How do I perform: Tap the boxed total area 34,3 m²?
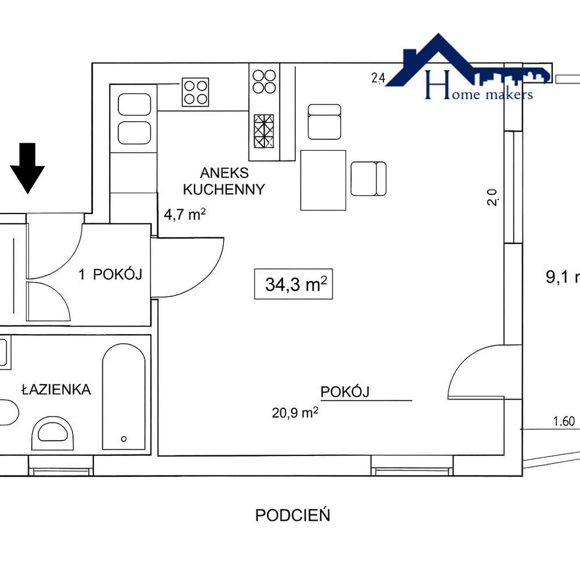[x=293, y=284]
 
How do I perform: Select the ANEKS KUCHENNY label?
[x=224, y=181]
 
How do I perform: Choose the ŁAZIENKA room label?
[x=56, y=390]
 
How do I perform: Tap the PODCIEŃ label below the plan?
[x=293, y=515]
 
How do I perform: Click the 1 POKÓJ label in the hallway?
[x=110, y=275]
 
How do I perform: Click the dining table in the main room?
[x=323, y=180]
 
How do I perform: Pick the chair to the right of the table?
[x=368, y=179]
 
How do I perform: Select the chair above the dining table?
[x=324, y=122]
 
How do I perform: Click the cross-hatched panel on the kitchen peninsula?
[x=264, y=132]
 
